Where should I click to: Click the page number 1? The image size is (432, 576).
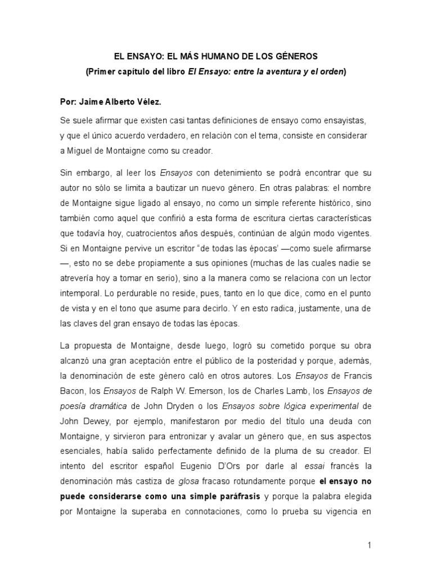click(x=370, y=545)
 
